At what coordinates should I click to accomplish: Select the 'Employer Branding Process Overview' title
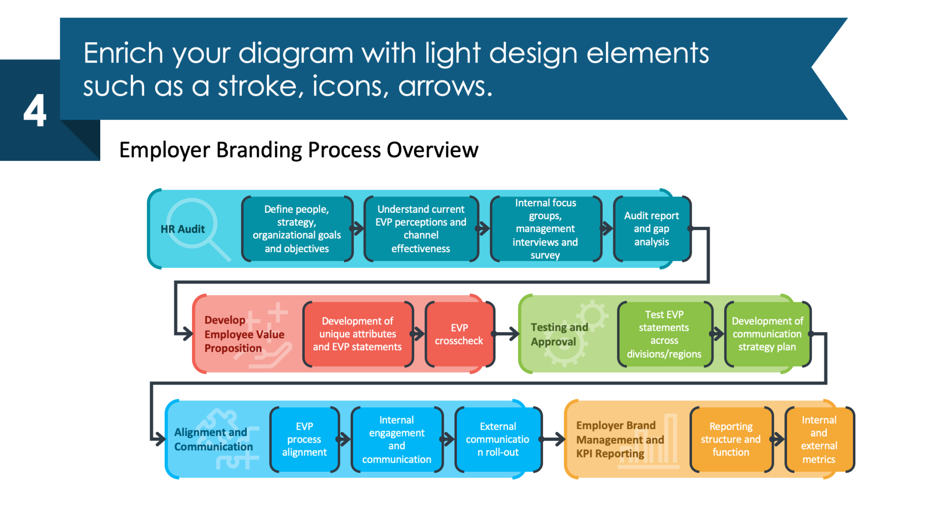click(299, 150)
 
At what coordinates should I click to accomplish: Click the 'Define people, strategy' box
click(297, 229)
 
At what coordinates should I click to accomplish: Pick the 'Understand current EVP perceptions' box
click(421, 229)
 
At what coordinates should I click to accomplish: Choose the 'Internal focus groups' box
click(546, 229)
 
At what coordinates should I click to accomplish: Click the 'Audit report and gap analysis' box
click(652, 229)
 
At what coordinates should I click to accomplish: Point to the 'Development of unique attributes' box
click(358, 334)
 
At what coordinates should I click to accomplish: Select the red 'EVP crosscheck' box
click(459, 334)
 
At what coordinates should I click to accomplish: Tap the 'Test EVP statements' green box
click(665, 334)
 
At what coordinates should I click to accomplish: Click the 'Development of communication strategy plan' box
click(767, 334)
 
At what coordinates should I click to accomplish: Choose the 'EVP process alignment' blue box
click(305, 439)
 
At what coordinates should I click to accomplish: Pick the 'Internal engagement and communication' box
click(397, 439)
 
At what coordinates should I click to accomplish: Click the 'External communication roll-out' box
click(498, 439)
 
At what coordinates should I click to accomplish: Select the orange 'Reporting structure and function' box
click(731, 439)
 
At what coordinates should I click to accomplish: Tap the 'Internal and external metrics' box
click(819, 439)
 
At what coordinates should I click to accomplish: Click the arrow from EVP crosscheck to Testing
click(505, 334)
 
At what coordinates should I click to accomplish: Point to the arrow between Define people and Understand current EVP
click(358, 228)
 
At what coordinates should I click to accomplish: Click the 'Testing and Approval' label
click(559, 334)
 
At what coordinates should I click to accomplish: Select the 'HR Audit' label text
click(183, 229)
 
